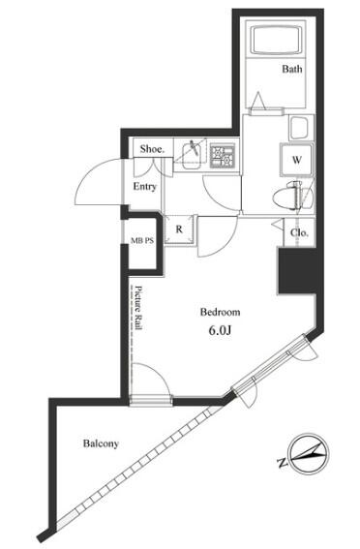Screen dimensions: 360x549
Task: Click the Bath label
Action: [292, 69]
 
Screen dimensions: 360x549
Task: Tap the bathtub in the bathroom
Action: [277, 40]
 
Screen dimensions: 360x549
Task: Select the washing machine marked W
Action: [296, 160]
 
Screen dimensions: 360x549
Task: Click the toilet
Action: [292, 198]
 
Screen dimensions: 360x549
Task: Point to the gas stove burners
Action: [223, 156]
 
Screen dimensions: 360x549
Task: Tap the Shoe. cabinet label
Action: [152, 149]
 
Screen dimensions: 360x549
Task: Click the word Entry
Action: [144, 187]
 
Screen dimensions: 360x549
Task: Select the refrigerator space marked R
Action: [179, 229]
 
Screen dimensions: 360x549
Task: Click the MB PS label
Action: [142, 240]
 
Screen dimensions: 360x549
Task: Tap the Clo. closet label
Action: [299, 232]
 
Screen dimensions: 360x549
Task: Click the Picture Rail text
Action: [139, 308]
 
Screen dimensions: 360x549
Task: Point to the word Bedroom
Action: [220, 312]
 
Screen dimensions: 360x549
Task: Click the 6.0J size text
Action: [220, 330]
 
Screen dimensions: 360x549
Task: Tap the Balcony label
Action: [101, 443]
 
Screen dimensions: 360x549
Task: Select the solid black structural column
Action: [298, 271]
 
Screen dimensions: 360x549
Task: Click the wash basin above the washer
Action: [301, 128]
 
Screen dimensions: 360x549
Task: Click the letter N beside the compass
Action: [282, 463]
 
